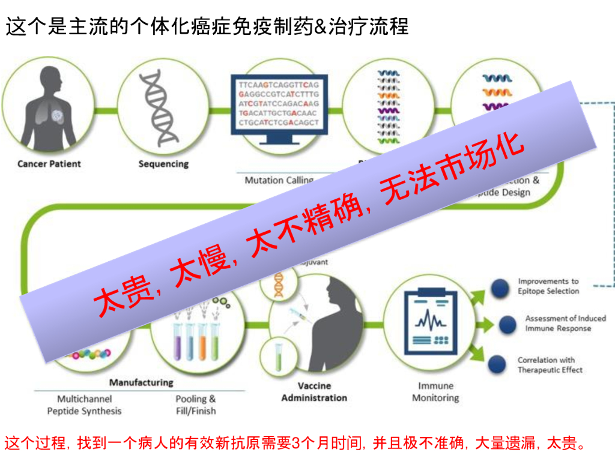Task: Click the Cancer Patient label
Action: pyautogui.click(x=49, y=164)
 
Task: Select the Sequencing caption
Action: pyautogui.click(x=163, y=164)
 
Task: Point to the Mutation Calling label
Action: pyautogui.click(x=279, y=180)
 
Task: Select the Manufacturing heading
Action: pyautogui.click(x=141, y=382)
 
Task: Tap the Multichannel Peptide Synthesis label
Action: pyautogui.click(x=84, y=405)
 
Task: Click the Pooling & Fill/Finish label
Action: pyautogui.click(x=196, y=405)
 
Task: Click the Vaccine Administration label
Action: pyautogui.click(x=314, y=391)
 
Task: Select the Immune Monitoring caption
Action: pyautogui.click(x=436, y=391)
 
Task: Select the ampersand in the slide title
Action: pyautogui.click(x=320, y=26)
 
